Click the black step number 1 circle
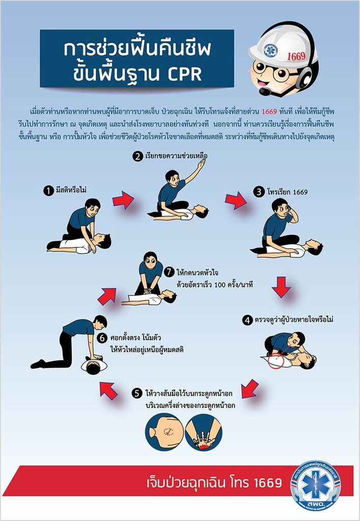48,191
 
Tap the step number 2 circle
137,156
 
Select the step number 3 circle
259,192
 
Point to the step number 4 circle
247,321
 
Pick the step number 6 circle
102,338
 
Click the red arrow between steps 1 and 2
123,200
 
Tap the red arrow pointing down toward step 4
281,287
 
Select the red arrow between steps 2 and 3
236,200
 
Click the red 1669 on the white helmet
296,56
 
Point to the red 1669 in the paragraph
269,111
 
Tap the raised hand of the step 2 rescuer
202,163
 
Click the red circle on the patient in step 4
275,361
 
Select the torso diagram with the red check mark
164,431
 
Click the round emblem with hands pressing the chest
204,431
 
